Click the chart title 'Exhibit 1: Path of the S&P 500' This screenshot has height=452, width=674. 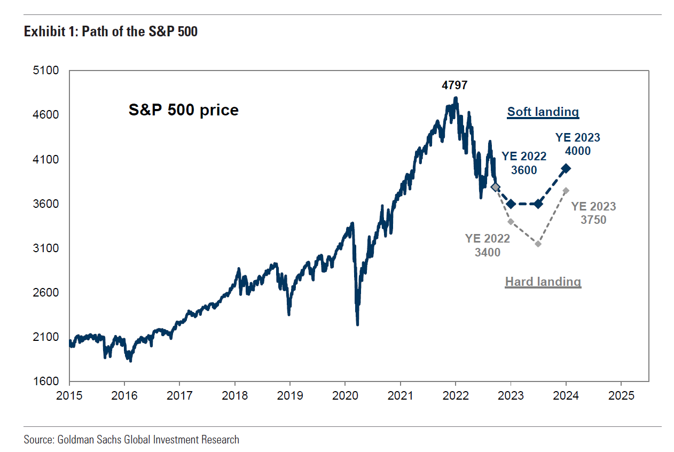tap(111, 32)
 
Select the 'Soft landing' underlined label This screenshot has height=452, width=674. tap(543, 112)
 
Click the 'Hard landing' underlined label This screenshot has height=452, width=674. tap(543, 281)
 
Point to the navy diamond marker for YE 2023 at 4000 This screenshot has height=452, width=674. tap(566, 168)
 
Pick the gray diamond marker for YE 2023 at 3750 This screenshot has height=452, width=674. tap(566, 191)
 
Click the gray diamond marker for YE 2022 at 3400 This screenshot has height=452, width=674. tap(511, 221)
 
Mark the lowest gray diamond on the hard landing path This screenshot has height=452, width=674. tap(538, 244)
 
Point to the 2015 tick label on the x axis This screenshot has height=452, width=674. tap(69, 396)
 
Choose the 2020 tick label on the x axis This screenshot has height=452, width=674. tap(345, 396)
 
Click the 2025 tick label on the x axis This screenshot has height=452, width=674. tap(621, 396)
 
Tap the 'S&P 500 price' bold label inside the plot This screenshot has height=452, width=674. tap(183, 110)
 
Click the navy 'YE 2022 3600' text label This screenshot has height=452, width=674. tap(524, 163)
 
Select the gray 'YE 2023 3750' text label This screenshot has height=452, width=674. tap(593, 213)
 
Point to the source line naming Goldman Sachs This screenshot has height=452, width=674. tap(131, 440)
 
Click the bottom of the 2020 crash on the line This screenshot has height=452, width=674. tap(357, 324)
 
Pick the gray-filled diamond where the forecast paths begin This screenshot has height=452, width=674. tap(496, 187)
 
